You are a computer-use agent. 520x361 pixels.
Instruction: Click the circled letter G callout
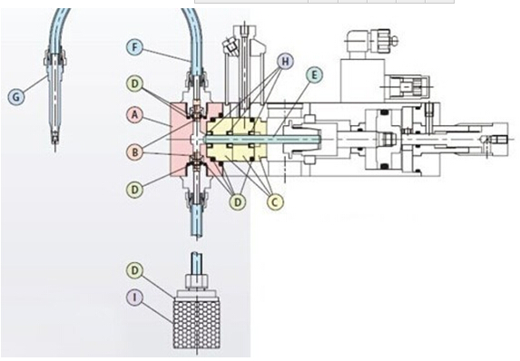[x=16, y=97]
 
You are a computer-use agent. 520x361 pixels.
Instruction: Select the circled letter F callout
[x=134, y=47]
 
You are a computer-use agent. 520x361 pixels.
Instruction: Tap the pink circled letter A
[x=134, y=115]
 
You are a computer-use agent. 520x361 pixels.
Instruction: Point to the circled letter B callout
[x=134, y=152]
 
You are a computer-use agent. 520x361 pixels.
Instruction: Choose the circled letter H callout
[x=286, y=61]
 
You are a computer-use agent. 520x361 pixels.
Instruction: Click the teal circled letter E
[x=314, y=75]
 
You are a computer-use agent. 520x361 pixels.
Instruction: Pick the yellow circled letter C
[x=275, y=201]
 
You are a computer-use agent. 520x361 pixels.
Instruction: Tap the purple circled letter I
[x=134, y=298]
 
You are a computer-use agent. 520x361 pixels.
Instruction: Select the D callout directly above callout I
[x=134, y=270]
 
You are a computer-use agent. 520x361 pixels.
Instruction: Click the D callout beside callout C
[x=238, y=201]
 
